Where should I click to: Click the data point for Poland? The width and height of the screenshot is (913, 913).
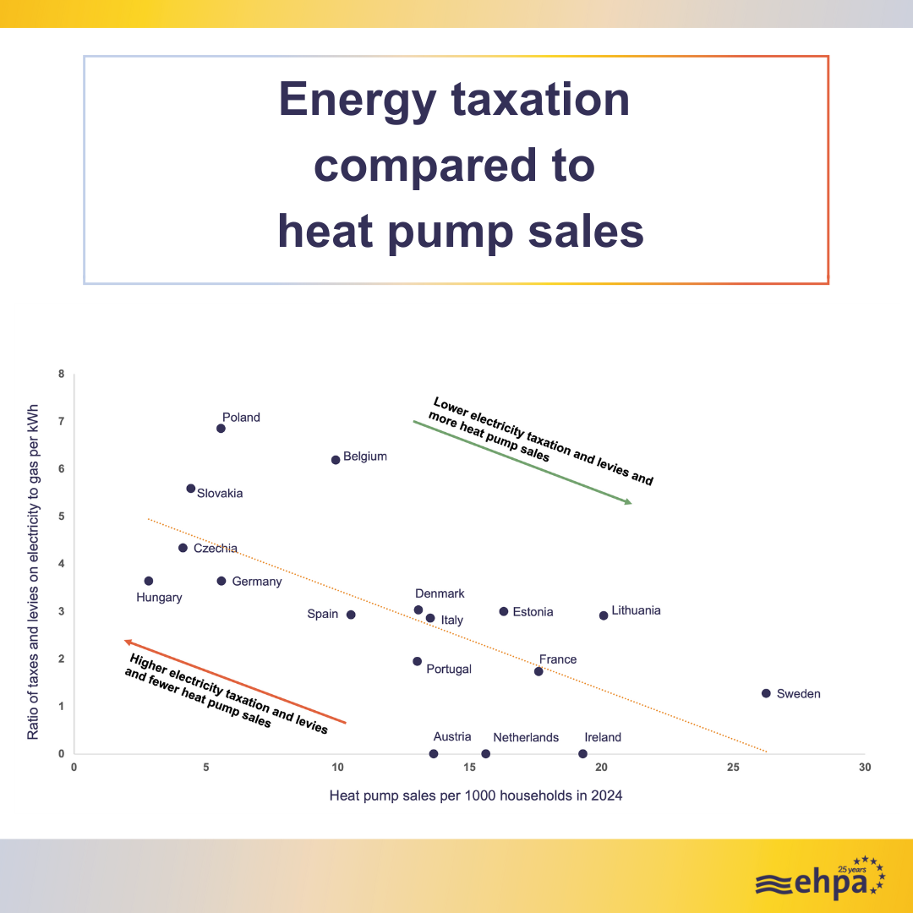pyautogui.click(x=221, y=429)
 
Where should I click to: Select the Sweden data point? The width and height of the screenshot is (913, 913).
pyautogui.click(x=766, y=693)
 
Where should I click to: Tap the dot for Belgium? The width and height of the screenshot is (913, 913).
pyautogui.click(x=336, y=460)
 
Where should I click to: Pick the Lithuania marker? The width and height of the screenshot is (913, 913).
pyautogui.click(x=604, y=615)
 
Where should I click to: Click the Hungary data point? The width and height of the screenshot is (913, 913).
pyautogui.click(x=149, y=581)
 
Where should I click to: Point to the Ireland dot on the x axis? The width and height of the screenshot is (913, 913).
pyautogui.click(x=582, y=754)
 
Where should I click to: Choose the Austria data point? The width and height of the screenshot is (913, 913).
pyautogui.click(x=434, y=754)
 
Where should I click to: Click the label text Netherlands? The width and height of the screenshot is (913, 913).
pyautogui.click(x=526, y=737)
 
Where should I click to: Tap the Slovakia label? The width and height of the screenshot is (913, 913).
pyautogui.click(x=220, y=493)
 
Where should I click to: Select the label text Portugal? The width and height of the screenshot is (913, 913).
pyautogui.click(x=449, y=669)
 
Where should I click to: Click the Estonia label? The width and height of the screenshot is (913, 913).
pyautogui.click(x=533, y=612)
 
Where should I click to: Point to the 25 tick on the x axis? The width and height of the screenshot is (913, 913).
pyautogui.click(x=733, y=768)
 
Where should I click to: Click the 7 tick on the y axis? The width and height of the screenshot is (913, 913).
pyautogui.click(x=62, y=421)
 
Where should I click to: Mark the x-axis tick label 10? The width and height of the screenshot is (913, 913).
pyautogui.click(x=337, y=768)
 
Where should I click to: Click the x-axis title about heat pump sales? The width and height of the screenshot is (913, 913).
pyautogui.click(x=476, y=795)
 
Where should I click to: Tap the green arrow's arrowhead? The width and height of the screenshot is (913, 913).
pyautogui.click(x=628, y=502)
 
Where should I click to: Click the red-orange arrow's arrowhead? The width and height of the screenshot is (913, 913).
pyautogui.click(x=128, y=642)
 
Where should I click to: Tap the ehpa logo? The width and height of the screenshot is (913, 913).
pyautogui.click(x=820, y=879)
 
